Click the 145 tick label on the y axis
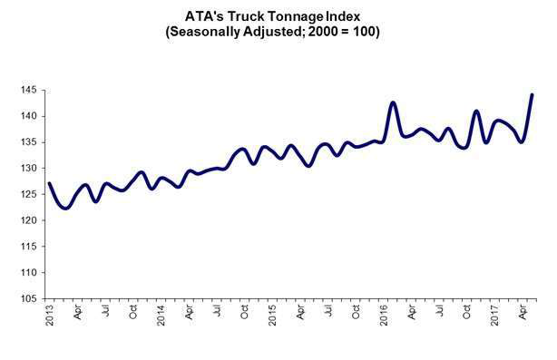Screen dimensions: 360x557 pyautogui.click(x=28, y=91)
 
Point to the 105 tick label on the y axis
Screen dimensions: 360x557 pyautogui.click(x=28, y=298)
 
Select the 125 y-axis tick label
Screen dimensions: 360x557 pyautogui.click(x=28, y=195)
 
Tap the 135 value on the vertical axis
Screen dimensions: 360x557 pyautogui.click(x=28, y=142)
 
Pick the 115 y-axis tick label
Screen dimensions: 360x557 pyautogui.click(x=28, y=247)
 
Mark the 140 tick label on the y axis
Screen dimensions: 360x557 pyautogui.click(x=28, y=117)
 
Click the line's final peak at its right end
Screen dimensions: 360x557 pyautogui.click(x=532, y=94)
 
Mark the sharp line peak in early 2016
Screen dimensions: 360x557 pyautogui.click(x=393, y=102)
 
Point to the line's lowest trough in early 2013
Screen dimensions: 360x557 pyautogui.click(x=65, y=209)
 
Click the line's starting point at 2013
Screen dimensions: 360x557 pyautogui.click(x=49, y=184)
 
